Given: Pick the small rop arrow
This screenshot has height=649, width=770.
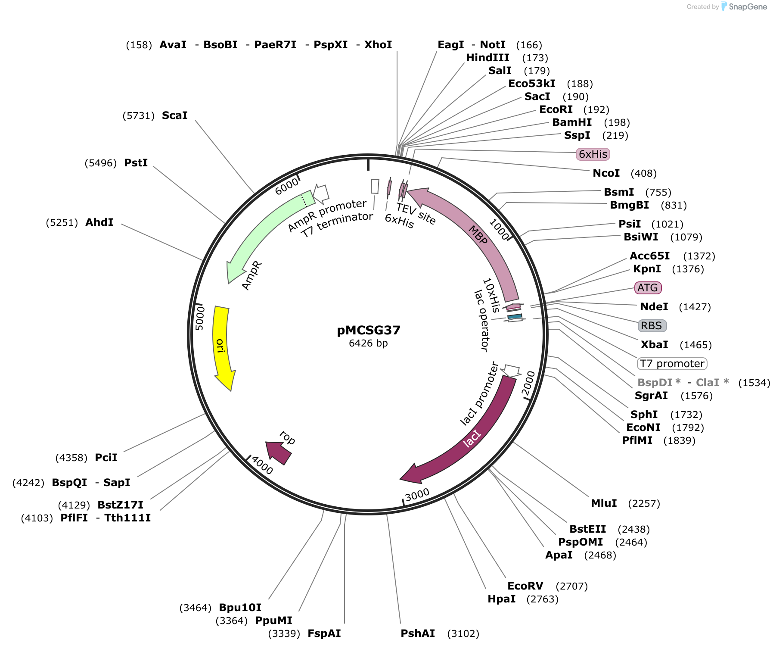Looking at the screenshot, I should point(279,452).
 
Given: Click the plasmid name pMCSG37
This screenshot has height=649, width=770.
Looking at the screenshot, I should point(369,331).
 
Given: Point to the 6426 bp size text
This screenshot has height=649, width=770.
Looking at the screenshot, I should point(368,343).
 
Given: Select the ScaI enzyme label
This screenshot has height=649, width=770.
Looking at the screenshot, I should point(174,115).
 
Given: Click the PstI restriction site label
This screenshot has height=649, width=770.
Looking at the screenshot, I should point(136,163).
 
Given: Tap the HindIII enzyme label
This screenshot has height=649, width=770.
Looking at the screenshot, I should point(487,58).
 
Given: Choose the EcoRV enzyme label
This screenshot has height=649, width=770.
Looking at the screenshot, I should point(525,586).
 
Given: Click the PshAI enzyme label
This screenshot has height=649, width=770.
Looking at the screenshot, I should point(418,633).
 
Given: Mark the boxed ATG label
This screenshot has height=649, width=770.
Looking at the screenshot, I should point(648,288).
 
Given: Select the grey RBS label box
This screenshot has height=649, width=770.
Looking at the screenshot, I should point(652,326).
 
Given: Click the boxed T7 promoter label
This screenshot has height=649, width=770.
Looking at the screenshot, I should point(672,364).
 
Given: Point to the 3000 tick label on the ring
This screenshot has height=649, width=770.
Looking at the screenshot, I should point(417,494).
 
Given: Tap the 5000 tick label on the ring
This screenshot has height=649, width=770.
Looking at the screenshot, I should point(200,318).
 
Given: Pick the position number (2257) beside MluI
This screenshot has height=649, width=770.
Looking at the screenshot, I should point(644,503).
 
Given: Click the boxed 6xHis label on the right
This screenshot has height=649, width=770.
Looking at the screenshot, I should point(593,154).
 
